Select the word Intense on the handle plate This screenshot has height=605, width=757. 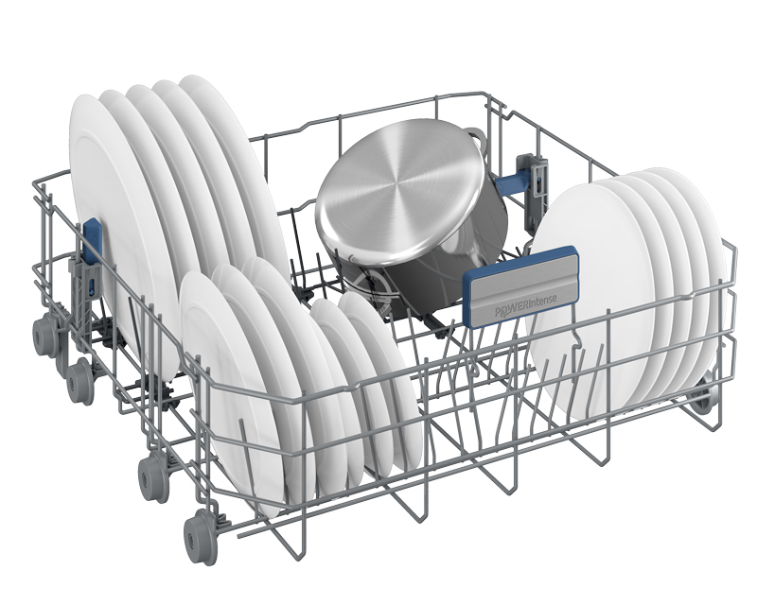(542, 301)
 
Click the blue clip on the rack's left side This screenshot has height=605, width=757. (91, 240)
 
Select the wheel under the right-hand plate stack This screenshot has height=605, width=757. (699, 396)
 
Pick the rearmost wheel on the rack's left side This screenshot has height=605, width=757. (43, 334)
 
